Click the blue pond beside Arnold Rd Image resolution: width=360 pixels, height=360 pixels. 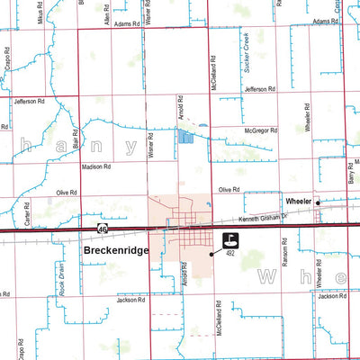click(184, 138)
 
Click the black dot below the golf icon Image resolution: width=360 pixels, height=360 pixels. click(212, 254)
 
